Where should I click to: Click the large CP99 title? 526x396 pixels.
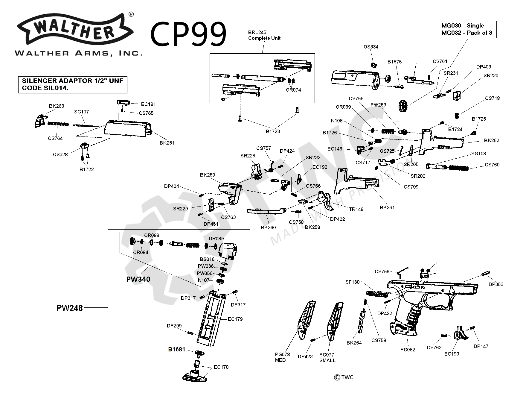[x=188, y=34]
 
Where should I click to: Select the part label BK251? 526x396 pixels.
[x=167, y=143]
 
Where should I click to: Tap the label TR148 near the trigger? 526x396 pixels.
[x=356, y=209]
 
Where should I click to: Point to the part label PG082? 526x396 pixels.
[x=408, y=350]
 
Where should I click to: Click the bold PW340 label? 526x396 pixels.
[x=138, y=279]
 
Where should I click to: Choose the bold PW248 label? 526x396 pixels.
[x=69, y=308]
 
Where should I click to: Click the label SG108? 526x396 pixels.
[x=478, y=154]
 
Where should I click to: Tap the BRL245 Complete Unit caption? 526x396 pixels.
[x=264, y=35]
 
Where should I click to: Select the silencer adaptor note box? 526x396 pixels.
[x=73, y=85]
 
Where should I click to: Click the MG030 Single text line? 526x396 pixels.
[x=463, y=25]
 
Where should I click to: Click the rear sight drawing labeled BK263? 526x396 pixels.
[x=40, y=120]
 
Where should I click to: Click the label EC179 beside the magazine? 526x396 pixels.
[x=235, y=319]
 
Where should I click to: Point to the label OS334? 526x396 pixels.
[x=371, y=47]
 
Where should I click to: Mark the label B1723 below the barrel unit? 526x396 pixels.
[x=273, y=131]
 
